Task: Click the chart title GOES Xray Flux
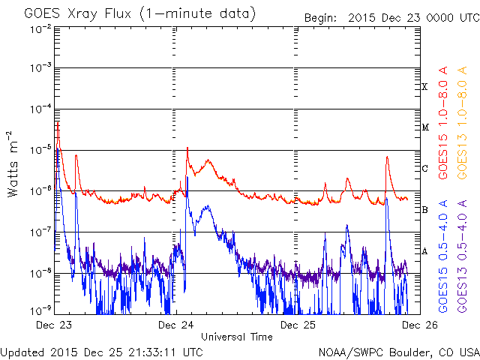coord(77,14)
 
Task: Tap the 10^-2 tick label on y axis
coord(41,30)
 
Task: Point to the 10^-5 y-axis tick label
coord(41,150)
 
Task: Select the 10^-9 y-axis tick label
coord(41,311)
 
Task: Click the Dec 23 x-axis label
coord(54,325)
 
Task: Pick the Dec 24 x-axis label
coord(176,325)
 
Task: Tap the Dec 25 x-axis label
coord(298,325)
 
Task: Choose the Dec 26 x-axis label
coord(420,325)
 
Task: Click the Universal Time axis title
coord(237,337)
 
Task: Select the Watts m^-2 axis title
coord(13,164)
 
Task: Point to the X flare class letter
coord(424,87)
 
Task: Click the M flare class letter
coord(425,127)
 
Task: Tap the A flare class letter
coord(424,251)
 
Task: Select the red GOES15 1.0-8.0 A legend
coord(443,122)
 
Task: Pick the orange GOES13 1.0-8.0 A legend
coord(462,122)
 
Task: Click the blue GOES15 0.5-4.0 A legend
coord(443,256)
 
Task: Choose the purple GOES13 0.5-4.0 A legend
coord(462,256)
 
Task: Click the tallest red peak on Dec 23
coord(58,122)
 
